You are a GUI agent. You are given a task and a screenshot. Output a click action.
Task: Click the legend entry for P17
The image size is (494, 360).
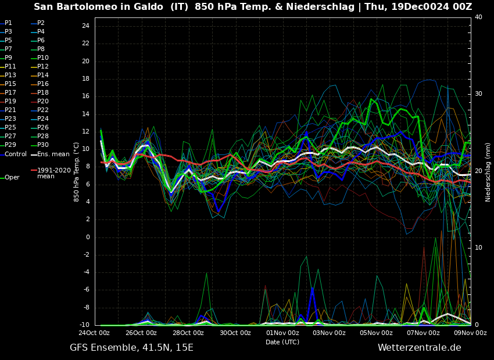10,93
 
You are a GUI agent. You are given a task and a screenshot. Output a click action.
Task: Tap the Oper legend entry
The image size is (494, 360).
12,178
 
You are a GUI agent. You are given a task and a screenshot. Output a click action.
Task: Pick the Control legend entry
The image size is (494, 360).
15,154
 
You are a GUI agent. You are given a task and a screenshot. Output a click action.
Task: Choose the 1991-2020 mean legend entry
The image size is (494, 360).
53,173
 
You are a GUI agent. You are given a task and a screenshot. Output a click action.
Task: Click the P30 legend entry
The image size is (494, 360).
43,145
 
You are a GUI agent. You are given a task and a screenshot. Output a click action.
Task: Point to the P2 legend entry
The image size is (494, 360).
41,23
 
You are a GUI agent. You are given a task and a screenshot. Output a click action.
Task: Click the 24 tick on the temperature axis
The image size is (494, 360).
85,26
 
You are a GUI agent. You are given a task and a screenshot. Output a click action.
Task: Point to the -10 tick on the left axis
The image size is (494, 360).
84,325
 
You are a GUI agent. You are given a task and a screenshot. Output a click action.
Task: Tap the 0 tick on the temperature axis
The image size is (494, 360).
87,237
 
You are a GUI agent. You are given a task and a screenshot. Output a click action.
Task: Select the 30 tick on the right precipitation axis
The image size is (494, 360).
478,93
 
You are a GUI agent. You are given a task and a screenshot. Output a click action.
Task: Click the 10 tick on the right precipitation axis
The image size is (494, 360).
478,248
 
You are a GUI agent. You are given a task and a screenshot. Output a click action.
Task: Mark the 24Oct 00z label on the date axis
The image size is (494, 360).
94,333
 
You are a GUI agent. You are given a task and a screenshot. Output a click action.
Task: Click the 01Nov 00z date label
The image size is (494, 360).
282,333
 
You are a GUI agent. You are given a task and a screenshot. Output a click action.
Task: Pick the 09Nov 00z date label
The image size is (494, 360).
470,333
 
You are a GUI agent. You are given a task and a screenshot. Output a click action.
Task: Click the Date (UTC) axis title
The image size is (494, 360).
282,342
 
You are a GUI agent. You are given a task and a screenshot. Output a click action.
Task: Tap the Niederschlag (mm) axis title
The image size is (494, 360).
488,172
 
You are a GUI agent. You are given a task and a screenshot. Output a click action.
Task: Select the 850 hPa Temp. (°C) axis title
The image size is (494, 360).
77,172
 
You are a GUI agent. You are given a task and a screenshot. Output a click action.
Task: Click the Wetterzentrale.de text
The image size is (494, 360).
419,348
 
